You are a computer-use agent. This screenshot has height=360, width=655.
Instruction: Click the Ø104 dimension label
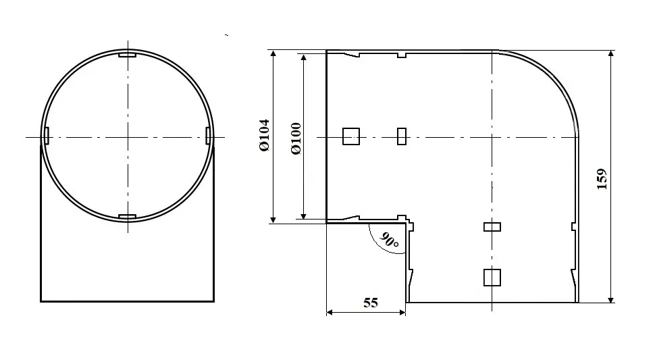click(x=265, y=135)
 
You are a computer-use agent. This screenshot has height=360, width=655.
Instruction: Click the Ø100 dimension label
click(x=296, y=138)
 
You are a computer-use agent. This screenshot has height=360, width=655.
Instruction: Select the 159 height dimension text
click(x=602, y=179)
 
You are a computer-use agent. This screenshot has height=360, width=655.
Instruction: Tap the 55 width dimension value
click(x=371, y=303)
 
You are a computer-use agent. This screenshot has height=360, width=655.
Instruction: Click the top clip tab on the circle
click(x=128, y=55)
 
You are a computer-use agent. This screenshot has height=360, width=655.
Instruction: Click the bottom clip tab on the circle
click(x=128, y=217)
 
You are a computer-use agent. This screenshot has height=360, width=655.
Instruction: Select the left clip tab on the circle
click(x=47, y=136)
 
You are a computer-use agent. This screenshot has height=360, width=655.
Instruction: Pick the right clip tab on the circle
click(x=209, y=136)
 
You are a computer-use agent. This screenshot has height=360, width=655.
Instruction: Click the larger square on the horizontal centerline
click(x=351, y=136)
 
